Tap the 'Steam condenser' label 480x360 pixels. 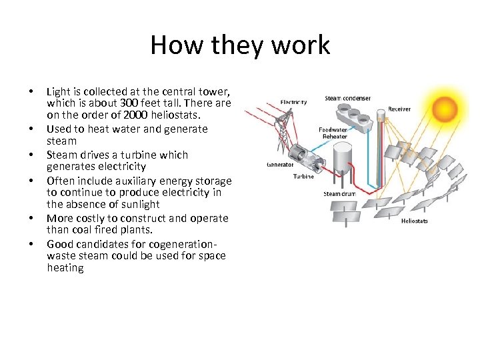pyautogui.click(x=347, y=99)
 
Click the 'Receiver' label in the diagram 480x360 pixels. pyautogui.click(x=399, y=109)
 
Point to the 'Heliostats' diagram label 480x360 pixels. pyautogui.click(x=414, y=221)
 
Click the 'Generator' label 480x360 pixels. pyautogui.click(x=280, y=164)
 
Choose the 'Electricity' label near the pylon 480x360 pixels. pyautogui.click(x=293, y=102)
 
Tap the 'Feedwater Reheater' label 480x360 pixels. pyautogui.click(x=333, y=133)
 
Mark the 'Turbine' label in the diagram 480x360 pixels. pyautogui.click(x=303, y=177)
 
